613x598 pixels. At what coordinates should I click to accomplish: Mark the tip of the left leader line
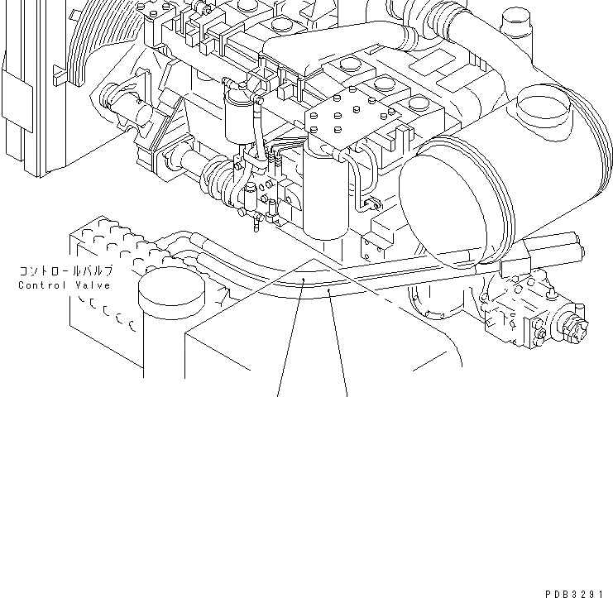[x=304, y=281]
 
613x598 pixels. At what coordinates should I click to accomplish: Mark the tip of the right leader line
[x=329, y=290]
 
